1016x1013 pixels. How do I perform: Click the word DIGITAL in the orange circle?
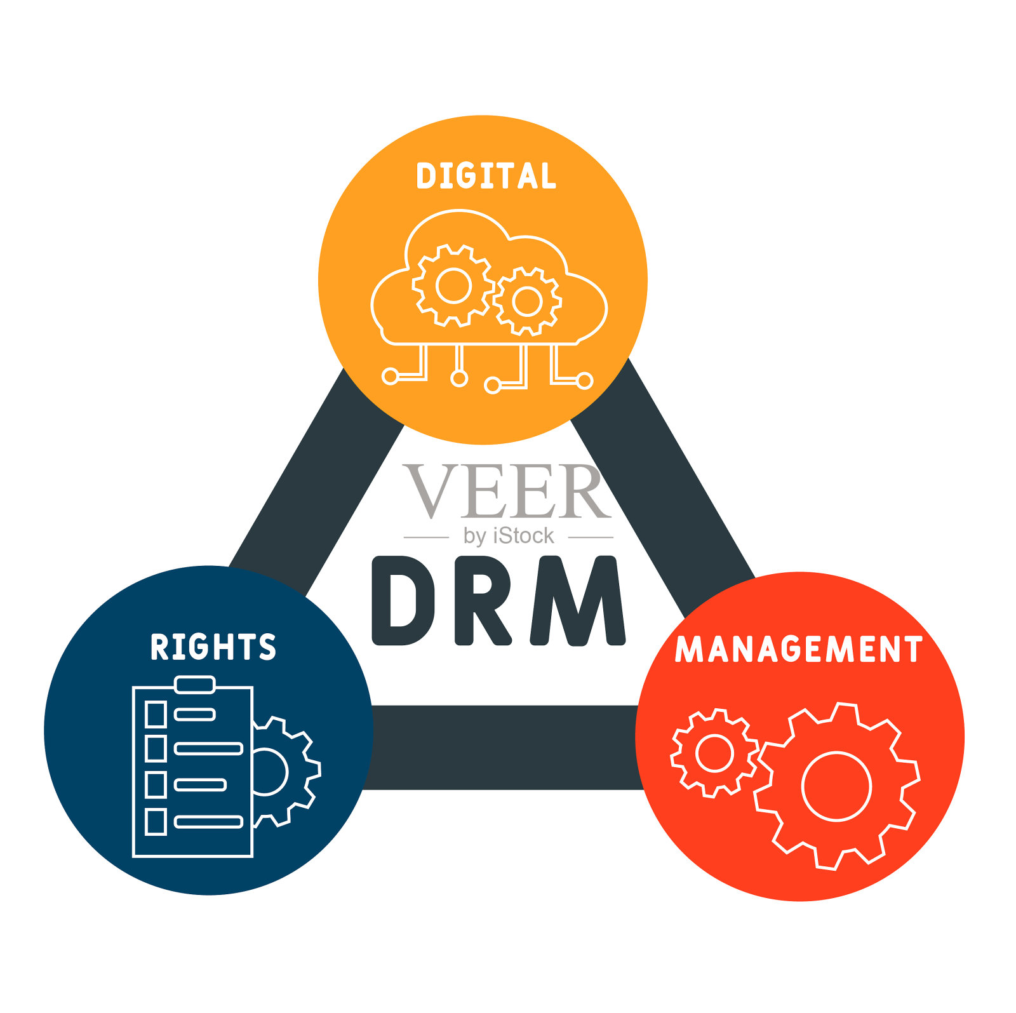[x=486, y=176]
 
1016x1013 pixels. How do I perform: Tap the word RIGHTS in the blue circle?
[x=213, y=647]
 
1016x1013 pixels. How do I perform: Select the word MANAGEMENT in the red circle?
[x=798, y=649]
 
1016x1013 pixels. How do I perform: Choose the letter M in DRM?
[x=577, y=601]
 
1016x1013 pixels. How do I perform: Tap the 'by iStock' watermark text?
[x=509, y=536]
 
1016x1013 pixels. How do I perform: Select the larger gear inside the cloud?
[x=453, y=285]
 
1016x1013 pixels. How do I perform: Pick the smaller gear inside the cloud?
[x=527, y=301]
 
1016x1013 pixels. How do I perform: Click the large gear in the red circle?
[x=836, y=786]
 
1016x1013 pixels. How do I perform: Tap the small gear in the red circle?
[x=714, y=753]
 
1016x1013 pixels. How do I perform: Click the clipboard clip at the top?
[x=194, y=684]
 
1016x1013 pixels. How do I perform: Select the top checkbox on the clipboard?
[x=156, y=714]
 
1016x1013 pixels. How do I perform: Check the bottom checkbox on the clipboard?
[x=156, y=822]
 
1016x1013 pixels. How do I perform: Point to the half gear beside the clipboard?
[x=286, y=772]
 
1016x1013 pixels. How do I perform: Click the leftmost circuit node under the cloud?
[x=390, y=377]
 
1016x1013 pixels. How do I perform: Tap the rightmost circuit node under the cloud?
[x=585, y=380]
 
